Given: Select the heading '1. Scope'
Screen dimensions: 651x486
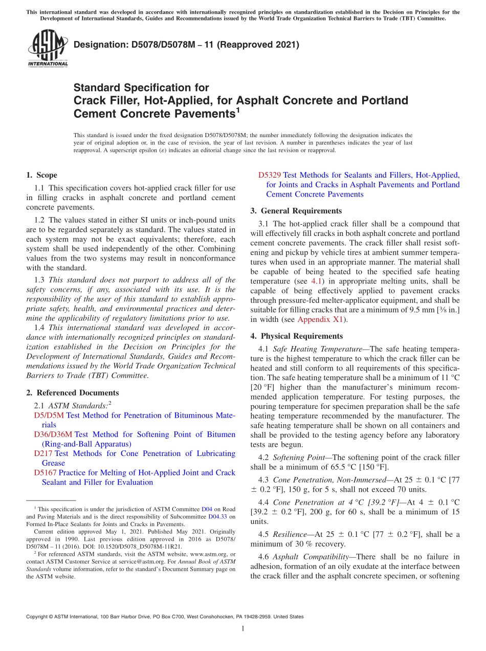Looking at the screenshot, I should pos(41,175).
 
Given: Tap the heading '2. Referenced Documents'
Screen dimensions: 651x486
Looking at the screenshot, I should pos(72,393).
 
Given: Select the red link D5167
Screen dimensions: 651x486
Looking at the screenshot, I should pos(45,472).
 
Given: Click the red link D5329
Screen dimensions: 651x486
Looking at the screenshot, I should pos(270,175).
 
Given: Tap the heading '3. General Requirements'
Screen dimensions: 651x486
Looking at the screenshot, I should pos(296,211).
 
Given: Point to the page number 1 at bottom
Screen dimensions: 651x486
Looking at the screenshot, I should pos(243,629).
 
